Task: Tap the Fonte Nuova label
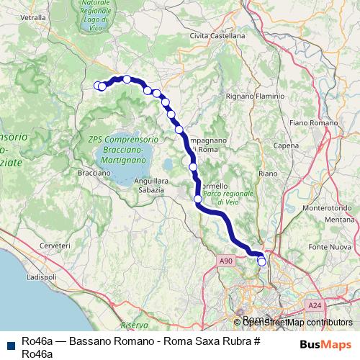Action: coord(332,248)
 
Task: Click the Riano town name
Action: coord(268,174)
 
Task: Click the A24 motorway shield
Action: coord(314,306)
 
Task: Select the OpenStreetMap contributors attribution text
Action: coord(298,323)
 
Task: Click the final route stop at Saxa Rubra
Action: coord(262,262)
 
